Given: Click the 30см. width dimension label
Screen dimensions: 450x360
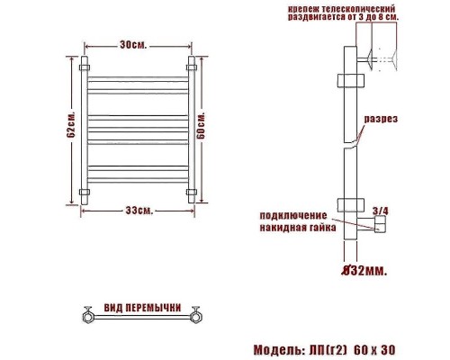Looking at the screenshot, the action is (x=133, y=45).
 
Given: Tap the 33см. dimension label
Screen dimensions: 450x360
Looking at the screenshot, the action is (x=139, y=211).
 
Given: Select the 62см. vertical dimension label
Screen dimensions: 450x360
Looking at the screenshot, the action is (x=71, y=125).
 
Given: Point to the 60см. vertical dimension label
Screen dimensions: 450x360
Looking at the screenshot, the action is (x=202, y=125).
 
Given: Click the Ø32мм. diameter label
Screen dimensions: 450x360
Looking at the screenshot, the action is (x=364, y=271).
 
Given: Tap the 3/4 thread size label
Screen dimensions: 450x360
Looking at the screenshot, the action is (x=381, y=211).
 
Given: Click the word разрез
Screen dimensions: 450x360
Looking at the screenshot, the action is (x=381, y=119).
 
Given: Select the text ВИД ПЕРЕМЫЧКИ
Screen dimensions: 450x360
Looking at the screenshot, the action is (x=142, y=308).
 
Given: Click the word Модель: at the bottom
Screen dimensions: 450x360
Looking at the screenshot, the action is (x=276, y=350).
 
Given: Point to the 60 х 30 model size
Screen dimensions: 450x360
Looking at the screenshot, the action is (x=374, y=350).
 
